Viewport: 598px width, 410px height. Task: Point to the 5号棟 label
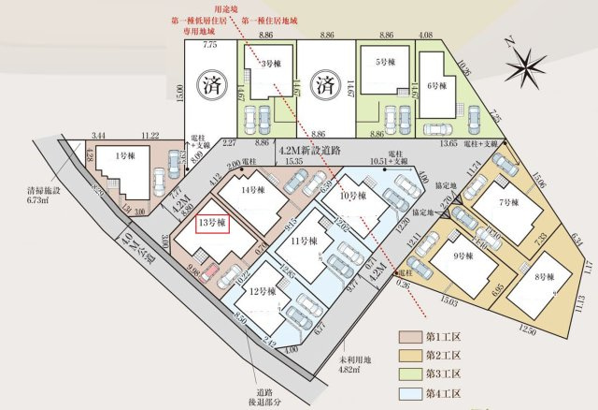pos(385,63)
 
